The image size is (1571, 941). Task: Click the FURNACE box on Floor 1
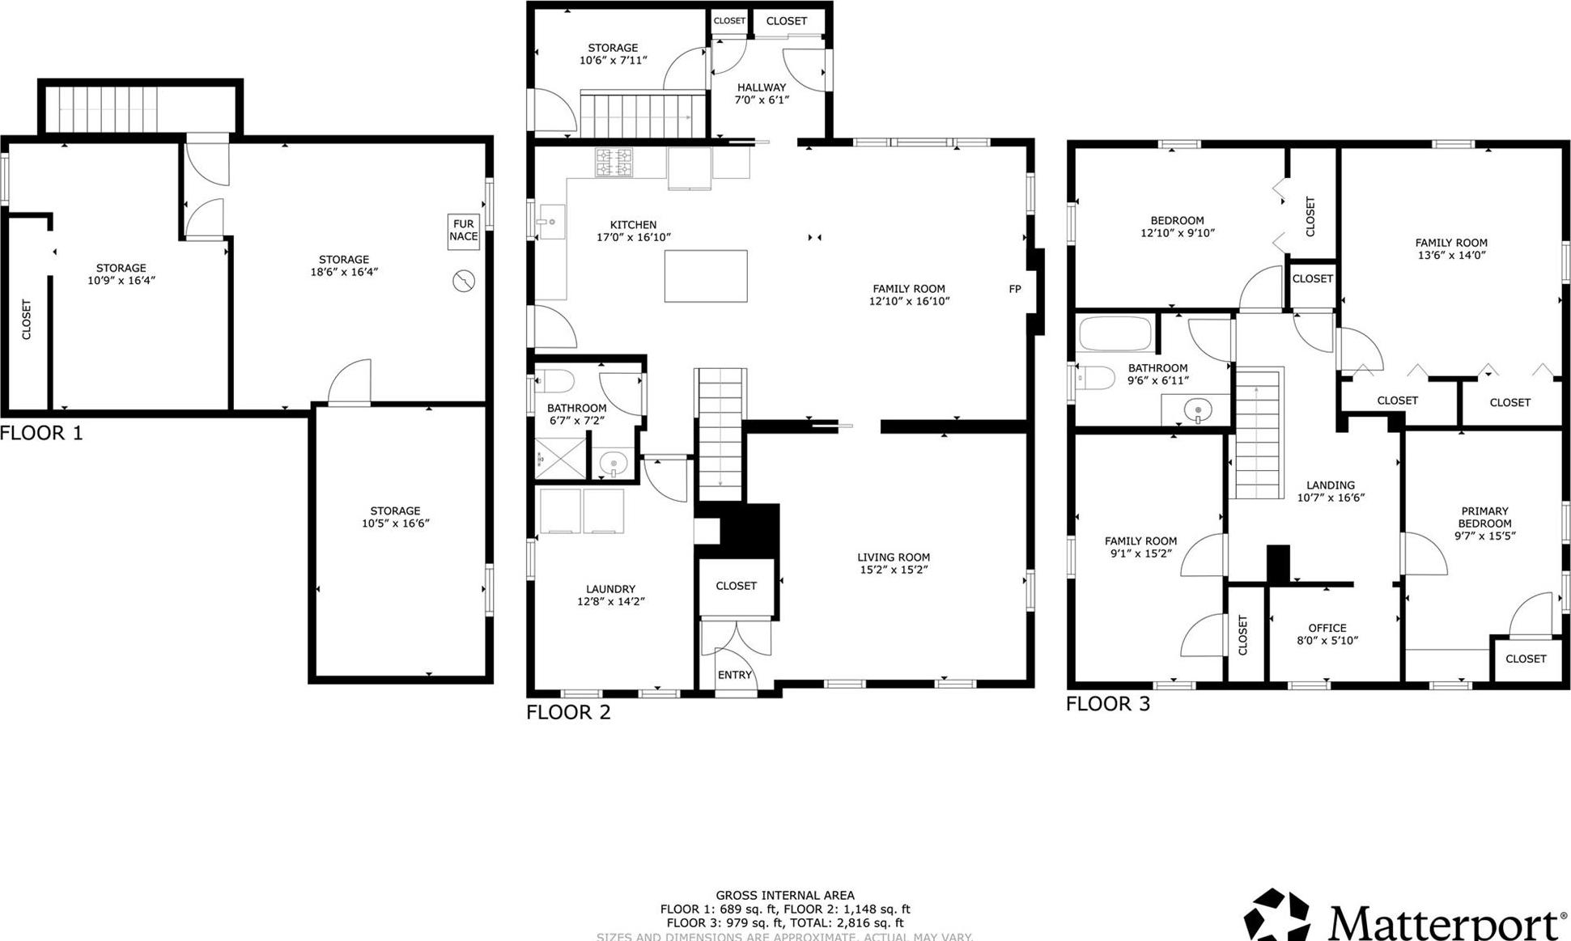[x=463, y=231]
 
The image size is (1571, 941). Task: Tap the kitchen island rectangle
[x=705, y=276]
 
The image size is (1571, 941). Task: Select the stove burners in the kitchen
[x=614, y=163]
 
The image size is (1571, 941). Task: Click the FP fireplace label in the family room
[x=1014, y=289]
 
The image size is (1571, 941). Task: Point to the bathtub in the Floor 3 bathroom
[x=1115, y=333]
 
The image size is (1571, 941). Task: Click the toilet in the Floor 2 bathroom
[x=554, y=380]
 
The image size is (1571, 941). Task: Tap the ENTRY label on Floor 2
[x=734, y=675]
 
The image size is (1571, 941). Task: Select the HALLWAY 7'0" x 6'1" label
[x=761, y=94]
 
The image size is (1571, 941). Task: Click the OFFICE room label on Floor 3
[x=1327, y=634]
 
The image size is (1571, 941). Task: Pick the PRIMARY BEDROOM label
[x=1484, y=523]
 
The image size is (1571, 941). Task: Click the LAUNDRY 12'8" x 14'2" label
[x=610, y=595]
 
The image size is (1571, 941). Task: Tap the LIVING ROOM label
[x=893, y=563]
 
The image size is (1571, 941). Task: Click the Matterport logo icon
[x=1276, y=916]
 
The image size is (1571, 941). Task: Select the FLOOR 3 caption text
[x=1106, y=703]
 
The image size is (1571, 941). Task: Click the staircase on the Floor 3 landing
[x=1257, y=433]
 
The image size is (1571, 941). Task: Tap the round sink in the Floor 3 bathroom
[x=1197, y=410]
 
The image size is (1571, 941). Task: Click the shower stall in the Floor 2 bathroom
[x=560, y=457]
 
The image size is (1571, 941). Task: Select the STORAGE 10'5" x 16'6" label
[x=395, y=517]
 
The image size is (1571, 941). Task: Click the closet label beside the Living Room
[x=736, y=586]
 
